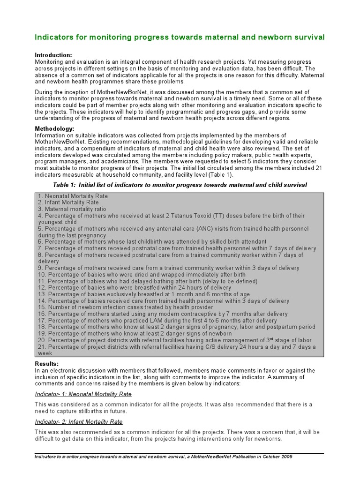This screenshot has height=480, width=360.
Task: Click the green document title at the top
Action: pyautogui.click(x=180, y=37)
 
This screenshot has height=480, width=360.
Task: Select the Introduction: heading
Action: pyautogui.click(x=53, y=55)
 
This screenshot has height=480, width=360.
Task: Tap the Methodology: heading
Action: pyautogui.click(x=54, y=128)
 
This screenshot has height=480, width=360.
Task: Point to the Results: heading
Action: pyautogui.click(x=47, y=364)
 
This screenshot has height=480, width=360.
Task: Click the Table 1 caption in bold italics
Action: pyautogui.click(x=180, y=185)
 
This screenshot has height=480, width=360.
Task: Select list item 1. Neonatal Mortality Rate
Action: pyautogui.click(x=73, y=196)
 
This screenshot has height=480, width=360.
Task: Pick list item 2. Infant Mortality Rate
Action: pyautogui.click(x=68, y=202)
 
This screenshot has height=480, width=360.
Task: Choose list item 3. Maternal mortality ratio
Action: pyautogui.click(x=72, y=209)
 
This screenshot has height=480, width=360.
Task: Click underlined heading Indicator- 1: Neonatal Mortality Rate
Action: pyautogui.click(x=83, y=394)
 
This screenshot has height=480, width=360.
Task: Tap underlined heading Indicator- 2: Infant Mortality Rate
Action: pyautogui.click(x=79, y=422)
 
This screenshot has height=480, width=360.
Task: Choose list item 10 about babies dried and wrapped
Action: pyautogui.click(x=142, y=275)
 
